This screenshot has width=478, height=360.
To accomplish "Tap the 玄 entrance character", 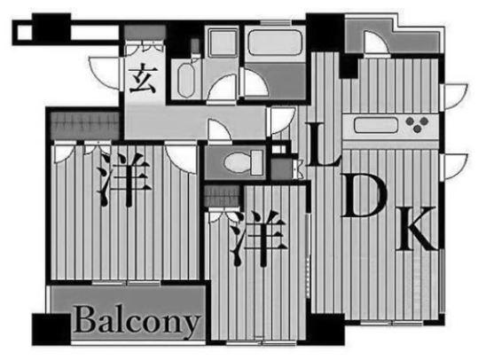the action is (143, 79).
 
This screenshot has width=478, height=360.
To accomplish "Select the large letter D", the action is (364, 195).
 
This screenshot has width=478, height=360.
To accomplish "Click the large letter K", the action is (418, 229).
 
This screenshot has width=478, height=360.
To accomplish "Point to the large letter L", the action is (323, 145).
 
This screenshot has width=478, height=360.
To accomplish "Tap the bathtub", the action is (275, 43).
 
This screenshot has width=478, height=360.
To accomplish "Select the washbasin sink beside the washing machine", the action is (186, 80).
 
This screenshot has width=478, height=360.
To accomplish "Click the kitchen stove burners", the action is (417, 124).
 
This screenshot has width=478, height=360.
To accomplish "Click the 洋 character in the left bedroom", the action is (124, 179).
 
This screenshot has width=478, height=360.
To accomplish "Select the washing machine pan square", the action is (223, 42).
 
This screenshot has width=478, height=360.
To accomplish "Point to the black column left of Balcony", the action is (51, 329).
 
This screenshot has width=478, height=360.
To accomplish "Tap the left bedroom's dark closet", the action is (85, 126).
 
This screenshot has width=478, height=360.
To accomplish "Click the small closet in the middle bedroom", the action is (223, 196).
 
